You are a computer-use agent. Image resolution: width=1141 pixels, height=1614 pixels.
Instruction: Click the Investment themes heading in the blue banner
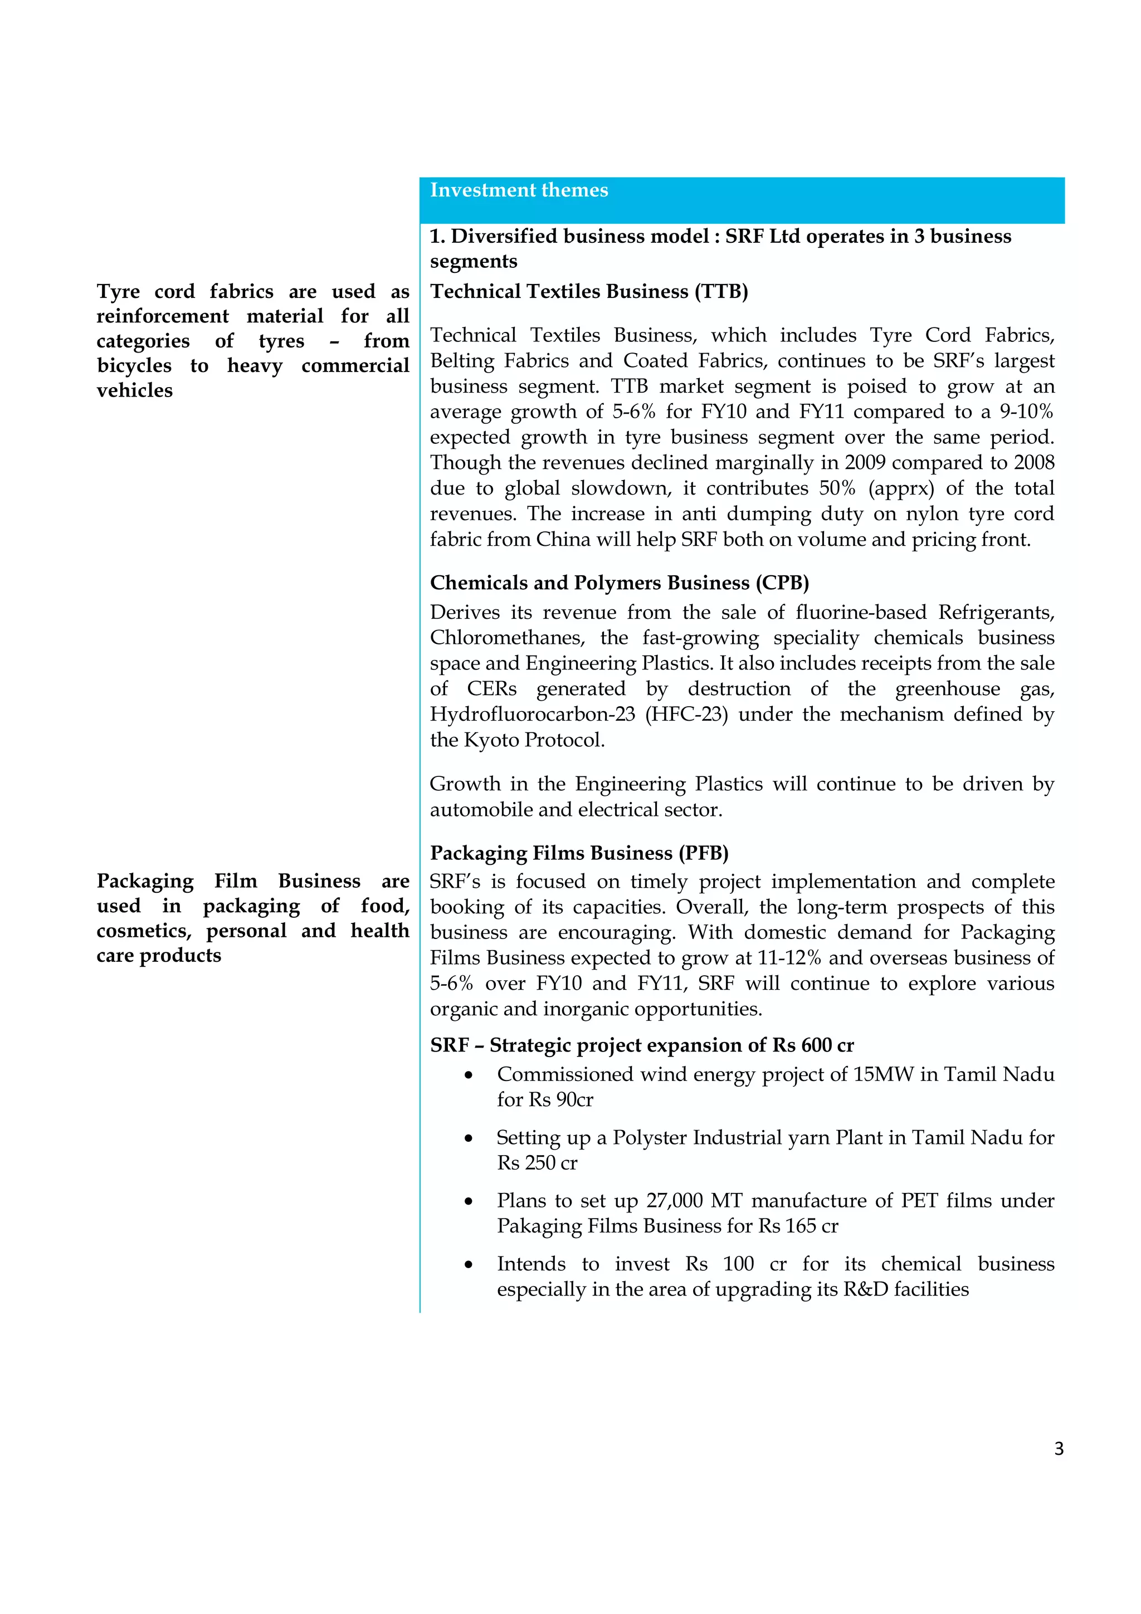point(519,190)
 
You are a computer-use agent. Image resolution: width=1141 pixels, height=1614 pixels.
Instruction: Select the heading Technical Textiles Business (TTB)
point(588,292)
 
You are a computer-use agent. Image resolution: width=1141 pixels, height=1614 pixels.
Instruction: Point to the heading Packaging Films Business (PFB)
point(579,853)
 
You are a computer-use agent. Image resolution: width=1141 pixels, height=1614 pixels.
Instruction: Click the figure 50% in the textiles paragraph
point(837,488)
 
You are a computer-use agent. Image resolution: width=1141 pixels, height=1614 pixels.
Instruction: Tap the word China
point(564,540)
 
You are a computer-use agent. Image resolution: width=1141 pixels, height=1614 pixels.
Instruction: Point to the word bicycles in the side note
point(134,366)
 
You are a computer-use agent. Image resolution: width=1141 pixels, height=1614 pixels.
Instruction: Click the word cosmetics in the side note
point(143,931)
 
